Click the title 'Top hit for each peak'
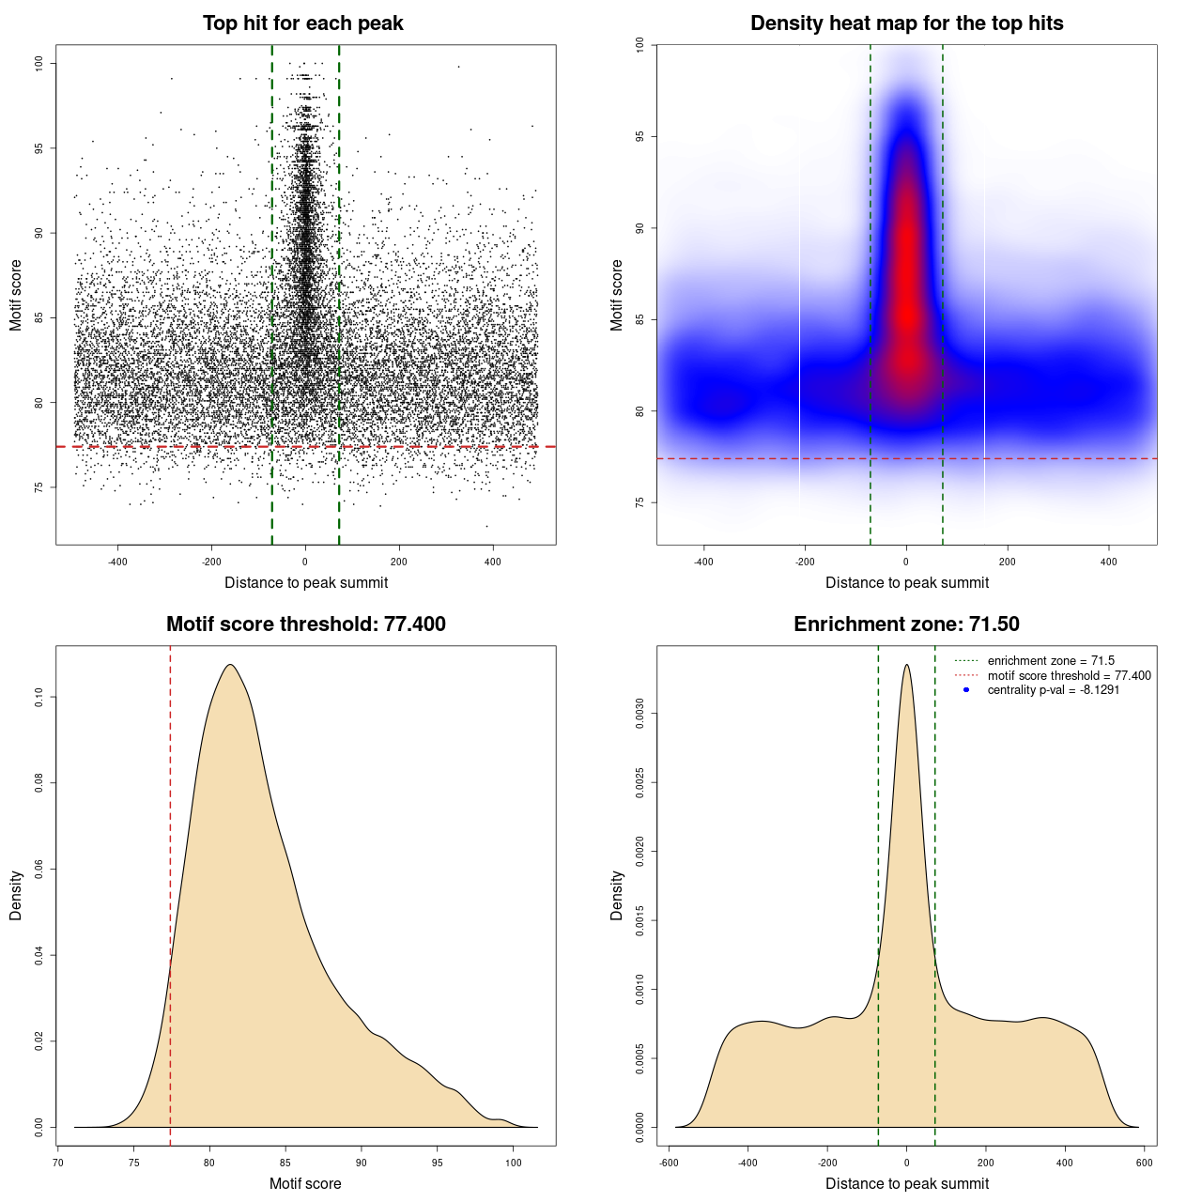click(302, 23)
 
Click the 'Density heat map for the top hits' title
click(906, 23)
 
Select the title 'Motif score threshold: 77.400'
click(305, 624)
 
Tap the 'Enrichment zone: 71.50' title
click(906, 624)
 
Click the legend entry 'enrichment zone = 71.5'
click(1051, 661)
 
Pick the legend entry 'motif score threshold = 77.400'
click(1069, 676)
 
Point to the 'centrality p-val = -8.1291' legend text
click(1053, 690)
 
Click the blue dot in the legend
click(966, 690)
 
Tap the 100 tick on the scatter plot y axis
click(39, 63)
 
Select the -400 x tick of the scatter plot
click(117, 562)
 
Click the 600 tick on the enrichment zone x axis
click(1144, 1163)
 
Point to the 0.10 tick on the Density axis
click(39, 697)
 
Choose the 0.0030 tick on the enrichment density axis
click(640, 714)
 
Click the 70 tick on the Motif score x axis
click(58, 1163)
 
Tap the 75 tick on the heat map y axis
click(640, 502)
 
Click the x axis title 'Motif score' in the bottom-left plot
click(305, 1183)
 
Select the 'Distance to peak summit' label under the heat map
click(906, 583)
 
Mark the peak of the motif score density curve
click(229, 665)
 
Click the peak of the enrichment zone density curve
click(906, 665)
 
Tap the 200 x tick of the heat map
click(1008, 562)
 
